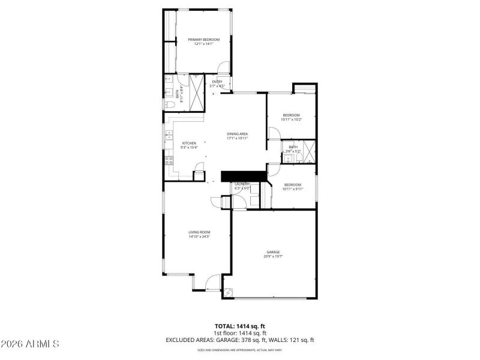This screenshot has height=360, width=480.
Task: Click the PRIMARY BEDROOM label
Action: point(204,40)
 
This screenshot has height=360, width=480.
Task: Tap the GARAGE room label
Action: point(274,251)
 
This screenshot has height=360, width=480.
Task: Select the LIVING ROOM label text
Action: point(199,232)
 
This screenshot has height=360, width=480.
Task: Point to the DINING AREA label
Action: point(238,133)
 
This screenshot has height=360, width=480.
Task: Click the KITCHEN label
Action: point(189,143)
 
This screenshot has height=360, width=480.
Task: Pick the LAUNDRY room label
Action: point(242,184)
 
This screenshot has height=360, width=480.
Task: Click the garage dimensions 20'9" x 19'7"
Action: point(274,256)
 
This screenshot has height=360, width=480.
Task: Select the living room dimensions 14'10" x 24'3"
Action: point(199,236)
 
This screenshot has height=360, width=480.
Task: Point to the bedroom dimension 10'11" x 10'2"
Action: point(291,119)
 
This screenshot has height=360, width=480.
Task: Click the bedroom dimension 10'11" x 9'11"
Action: point(293,189)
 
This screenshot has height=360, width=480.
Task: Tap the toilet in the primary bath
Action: point(169,105)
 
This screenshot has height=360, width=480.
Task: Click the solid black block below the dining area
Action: point(244,176)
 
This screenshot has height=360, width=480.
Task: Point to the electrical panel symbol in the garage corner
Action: point(229,291)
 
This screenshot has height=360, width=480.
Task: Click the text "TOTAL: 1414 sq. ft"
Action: point(240,326)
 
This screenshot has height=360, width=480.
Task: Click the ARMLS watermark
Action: point(30,344)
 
